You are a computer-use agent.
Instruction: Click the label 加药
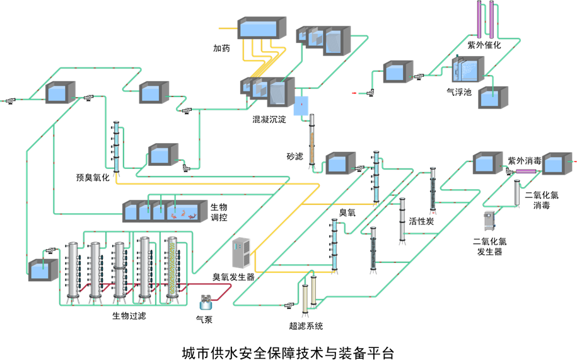[221, 48]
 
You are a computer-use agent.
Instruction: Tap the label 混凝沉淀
[269, 119]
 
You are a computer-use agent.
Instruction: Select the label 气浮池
[458, 91]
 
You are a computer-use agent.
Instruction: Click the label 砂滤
[294, 156]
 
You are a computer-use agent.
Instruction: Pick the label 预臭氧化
[93, 177]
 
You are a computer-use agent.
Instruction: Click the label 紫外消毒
[525, 161]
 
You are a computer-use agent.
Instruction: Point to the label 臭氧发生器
[233, 276]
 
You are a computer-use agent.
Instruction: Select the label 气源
[204, 320]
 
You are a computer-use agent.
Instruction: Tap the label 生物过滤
[129, 315]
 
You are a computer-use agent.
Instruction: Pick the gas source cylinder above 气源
[205, 302]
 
